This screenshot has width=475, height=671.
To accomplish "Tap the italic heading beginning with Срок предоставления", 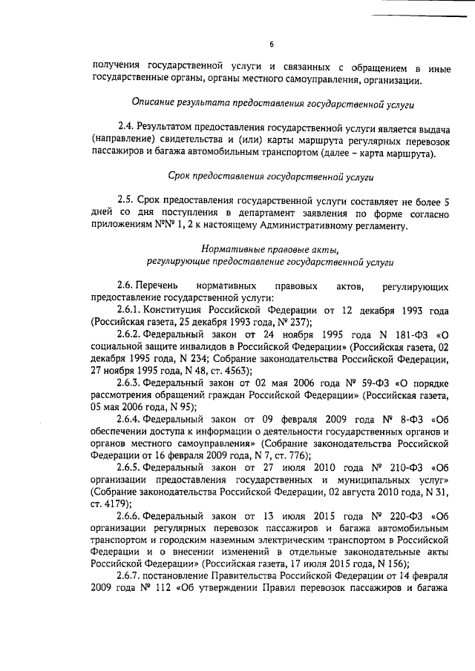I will coord(272,177).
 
